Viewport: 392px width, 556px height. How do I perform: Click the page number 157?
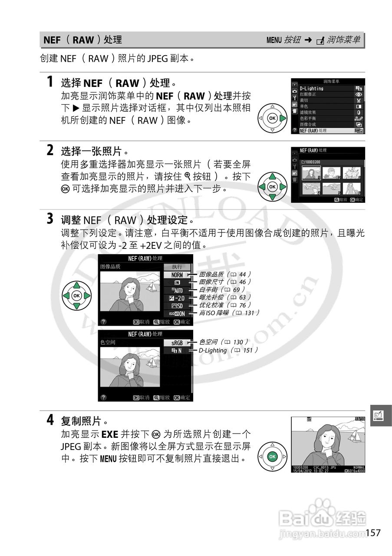tap(373, 533)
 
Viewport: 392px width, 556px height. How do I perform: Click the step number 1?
tap(50, 81)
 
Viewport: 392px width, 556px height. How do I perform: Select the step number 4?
tap(50, 420)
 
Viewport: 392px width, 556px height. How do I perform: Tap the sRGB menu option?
tap(177, 342)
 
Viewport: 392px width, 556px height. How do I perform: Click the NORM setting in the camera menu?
tap(177, 275)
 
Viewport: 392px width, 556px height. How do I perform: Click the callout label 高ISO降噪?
tap(229, 313)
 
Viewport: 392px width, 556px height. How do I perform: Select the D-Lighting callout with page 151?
tap(228, 350)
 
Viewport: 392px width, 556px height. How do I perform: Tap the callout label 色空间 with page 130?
tap(224, 342)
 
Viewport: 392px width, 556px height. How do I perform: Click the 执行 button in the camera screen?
tap(177, 267)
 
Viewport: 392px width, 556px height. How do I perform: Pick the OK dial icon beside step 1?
tap(272, 118)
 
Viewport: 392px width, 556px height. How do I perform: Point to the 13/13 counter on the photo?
tap(359, 419)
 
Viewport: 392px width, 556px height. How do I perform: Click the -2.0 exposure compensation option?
tap(177, 298)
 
